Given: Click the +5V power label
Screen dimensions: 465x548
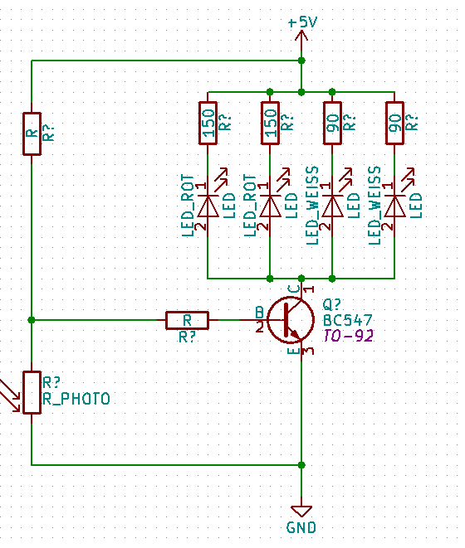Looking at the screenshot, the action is [302, 22].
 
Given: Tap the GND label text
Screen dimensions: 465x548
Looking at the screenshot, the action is [301, 527].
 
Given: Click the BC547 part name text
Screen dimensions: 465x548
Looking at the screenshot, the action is [348, 320].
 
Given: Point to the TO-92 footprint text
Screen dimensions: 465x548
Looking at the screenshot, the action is [348, 336].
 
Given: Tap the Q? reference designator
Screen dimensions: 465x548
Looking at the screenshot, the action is [331, 305].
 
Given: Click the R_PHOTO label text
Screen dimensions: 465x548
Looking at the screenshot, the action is [76, 399].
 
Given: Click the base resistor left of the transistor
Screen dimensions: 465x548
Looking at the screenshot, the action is [188, 320].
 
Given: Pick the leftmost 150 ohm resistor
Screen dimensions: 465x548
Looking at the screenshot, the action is [208, 123].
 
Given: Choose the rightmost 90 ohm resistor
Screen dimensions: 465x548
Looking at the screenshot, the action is [394, 123].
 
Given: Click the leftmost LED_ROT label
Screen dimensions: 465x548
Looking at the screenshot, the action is [188, 206].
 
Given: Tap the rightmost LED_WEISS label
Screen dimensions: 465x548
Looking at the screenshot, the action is [374, 206].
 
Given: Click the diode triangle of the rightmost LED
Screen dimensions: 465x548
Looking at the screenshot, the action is [394, 206].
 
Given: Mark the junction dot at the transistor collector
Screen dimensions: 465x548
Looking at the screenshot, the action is [301, 279].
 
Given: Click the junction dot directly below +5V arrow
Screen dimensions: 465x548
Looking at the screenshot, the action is [301, 61].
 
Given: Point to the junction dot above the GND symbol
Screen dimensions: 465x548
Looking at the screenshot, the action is [301, 465].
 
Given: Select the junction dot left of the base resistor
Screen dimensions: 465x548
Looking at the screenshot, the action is [32, 320].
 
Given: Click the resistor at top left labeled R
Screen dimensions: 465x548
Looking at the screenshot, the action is [32, 133].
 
